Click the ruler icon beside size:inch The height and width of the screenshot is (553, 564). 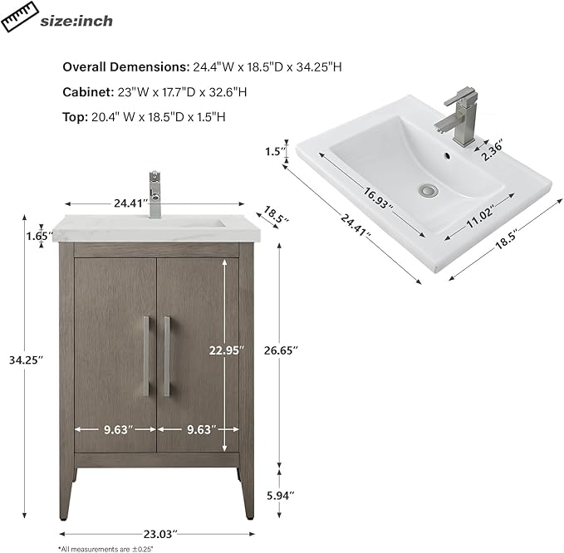20,17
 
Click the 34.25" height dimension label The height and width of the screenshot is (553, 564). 26,360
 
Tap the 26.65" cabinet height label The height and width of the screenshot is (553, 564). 281,350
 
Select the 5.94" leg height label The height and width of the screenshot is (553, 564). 281,496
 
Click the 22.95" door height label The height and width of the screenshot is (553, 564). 227,350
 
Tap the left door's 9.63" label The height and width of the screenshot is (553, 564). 118,429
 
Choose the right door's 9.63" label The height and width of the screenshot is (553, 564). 201,429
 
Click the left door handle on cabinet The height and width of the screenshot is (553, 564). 146,356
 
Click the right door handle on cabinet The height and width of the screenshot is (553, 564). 167,356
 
